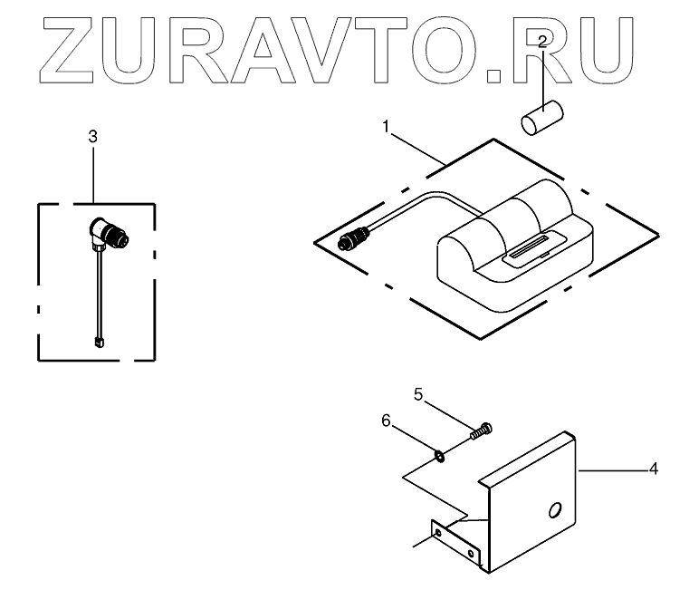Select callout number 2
click(x=541, y=42)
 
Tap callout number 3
click(x=92, y=136)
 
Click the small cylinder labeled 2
click(x=541, y=119)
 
